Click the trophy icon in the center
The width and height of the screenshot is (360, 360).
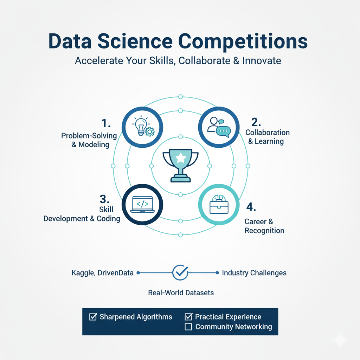(180, 165)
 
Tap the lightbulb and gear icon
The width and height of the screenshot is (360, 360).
(142, 128)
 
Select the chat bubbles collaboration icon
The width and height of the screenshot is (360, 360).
(219, 127)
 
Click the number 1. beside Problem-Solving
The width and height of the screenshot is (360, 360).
(106, 123)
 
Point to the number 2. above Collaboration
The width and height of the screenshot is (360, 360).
(257, 122)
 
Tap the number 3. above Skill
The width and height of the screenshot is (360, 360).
(105, 199)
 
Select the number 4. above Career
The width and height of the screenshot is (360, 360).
(250, 207)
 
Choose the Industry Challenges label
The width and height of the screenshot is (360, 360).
(254, 273)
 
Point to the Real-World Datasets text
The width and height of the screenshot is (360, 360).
(181, 292)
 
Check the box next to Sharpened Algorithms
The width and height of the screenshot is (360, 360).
(93, 317)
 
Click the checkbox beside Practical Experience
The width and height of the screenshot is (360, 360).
(188, 317)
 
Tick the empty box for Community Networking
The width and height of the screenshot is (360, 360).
(188, 327)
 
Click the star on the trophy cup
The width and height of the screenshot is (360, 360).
(180, 158)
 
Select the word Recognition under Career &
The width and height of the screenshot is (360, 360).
(264, 231)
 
